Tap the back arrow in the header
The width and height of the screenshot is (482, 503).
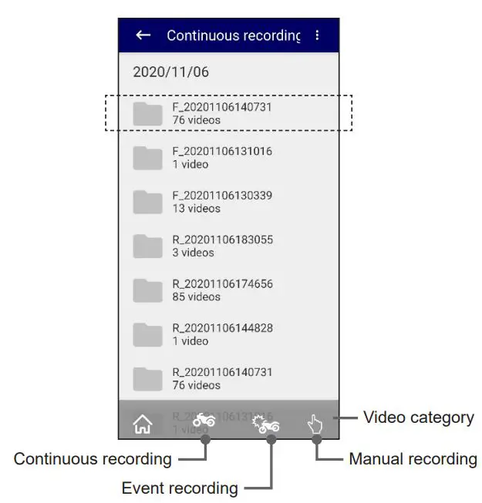143,35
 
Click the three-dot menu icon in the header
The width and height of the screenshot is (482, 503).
317,35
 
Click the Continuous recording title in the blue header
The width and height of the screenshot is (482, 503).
233,35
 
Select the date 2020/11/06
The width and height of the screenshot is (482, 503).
170,72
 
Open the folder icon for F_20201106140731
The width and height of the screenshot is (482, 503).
147,113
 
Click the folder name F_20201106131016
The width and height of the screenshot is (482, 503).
222,152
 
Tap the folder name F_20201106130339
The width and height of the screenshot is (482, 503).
222,196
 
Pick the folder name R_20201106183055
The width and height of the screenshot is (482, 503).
222,240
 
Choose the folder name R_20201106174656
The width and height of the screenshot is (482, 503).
222,283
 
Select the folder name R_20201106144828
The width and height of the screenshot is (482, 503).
222,328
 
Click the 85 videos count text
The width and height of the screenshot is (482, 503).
196,297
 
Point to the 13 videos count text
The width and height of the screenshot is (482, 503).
196,209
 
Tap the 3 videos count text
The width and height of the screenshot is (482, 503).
193,253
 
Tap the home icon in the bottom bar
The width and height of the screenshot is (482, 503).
143,424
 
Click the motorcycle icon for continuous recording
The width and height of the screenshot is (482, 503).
204,420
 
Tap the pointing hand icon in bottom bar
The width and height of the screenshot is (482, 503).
315,424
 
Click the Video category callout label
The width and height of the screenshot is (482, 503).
418,417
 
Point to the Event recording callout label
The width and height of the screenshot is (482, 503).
180,488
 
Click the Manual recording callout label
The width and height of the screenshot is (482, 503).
413,459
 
